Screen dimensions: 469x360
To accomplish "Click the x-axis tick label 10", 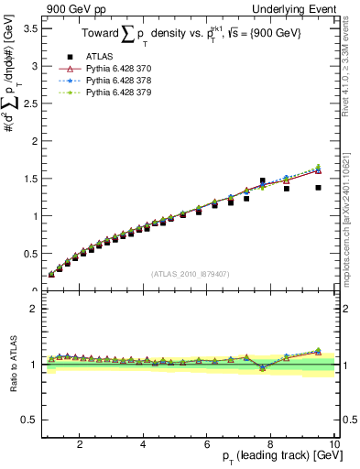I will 334,444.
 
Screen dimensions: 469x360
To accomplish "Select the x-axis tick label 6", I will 207,444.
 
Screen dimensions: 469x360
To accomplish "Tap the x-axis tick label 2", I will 80,444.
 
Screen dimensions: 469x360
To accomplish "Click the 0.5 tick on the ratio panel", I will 29,420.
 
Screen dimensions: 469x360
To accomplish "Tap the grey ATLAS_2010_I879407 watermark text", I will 191,272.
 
